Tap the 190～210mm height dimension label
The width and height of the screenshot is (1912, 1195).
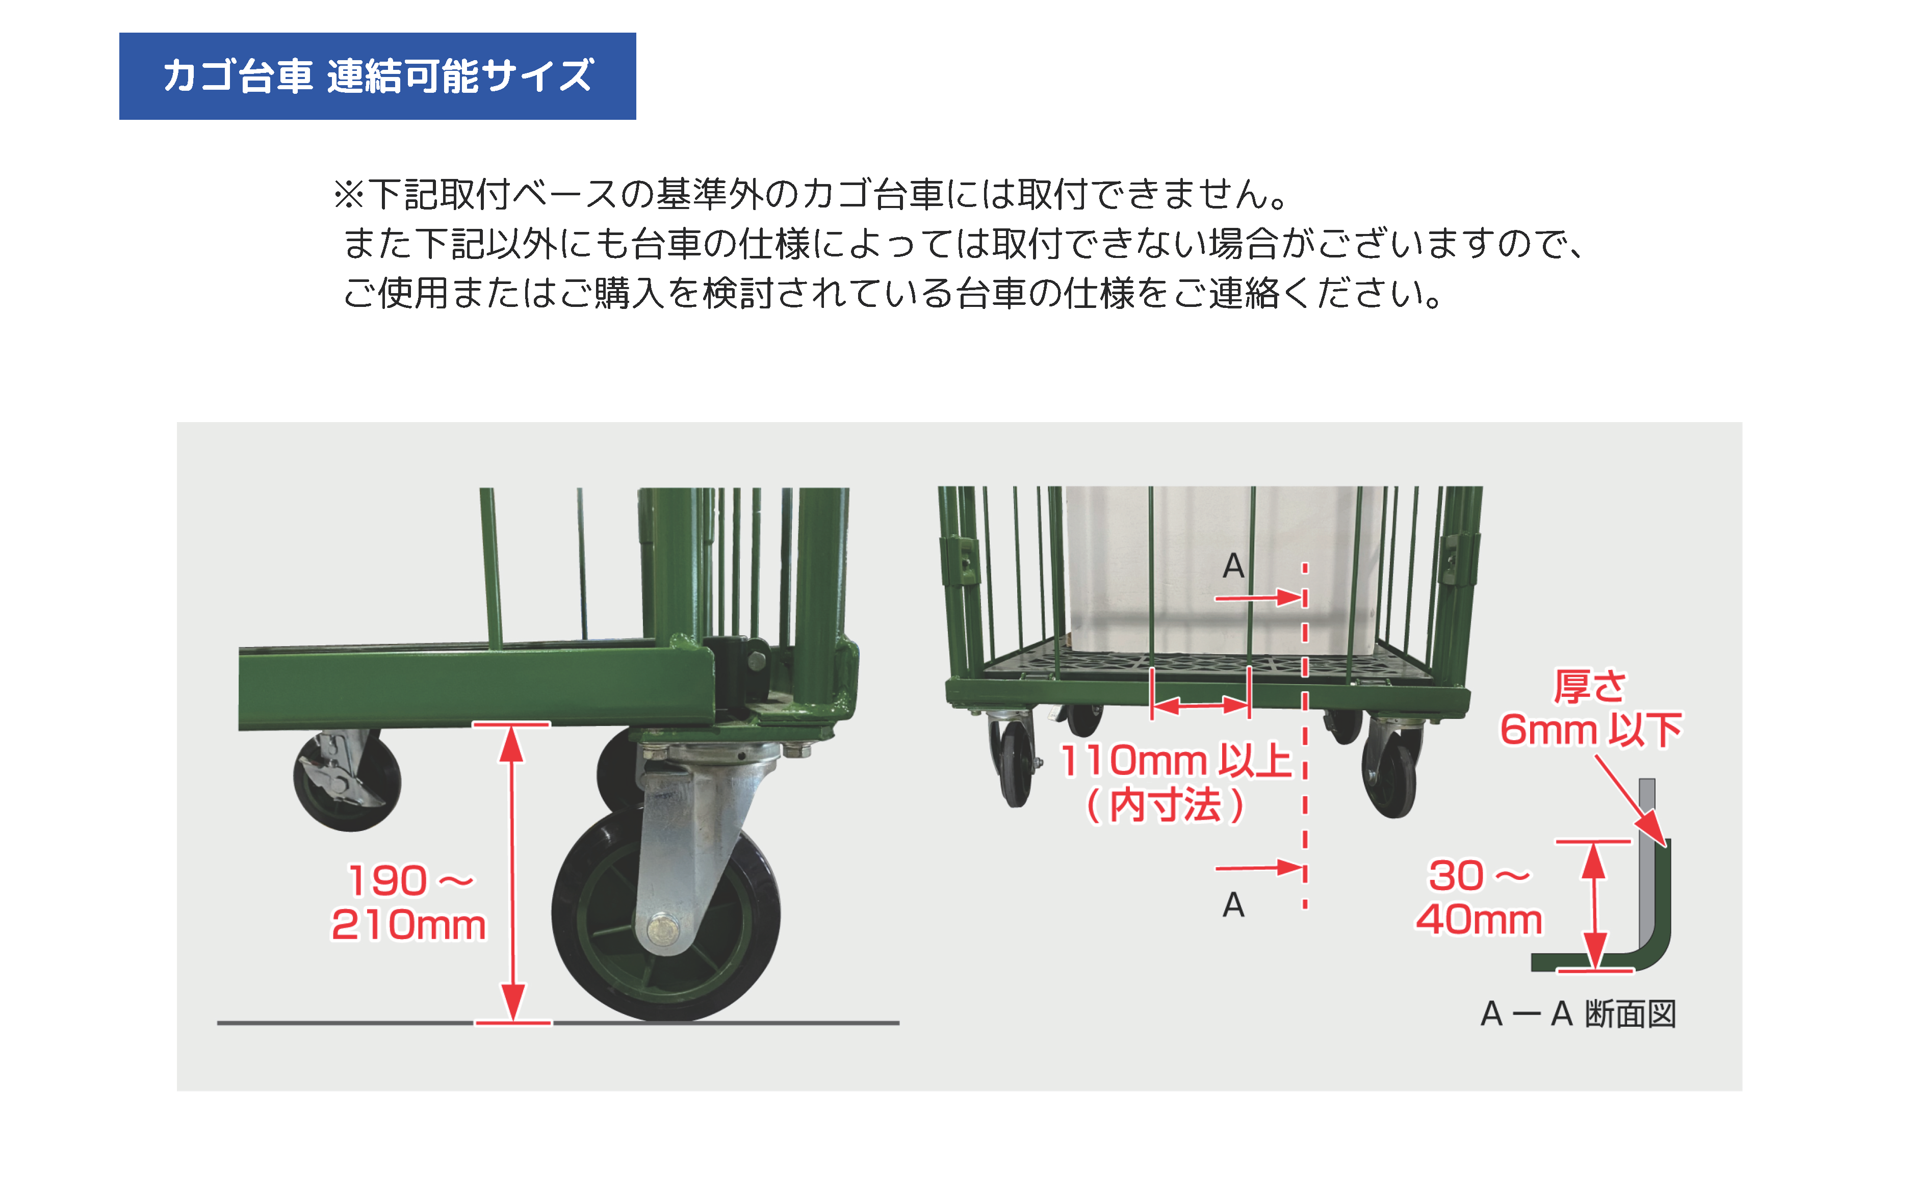tap(408, 902)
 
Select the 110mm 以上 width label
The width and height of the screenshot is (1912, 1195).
tap(1175, 760)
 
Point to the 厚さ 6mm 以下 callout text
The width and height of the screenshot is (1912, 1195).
tap(1590, 708)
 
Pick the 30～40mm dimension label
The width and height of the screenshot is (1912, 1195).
tap(1478, 898)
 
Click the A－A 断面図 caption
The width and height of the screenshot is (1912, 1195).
tap(1578, 1014)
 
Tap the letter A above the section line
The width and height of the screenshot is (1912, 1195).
tap(1233, 566)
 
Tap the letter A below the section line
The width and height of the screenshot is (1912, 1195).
tap(1233, 905)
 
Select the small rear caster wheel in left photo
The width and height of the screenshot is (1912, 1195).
tap(347, 778)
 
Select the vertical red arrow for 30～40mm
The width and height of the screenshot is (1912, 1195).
tap(1594, 905)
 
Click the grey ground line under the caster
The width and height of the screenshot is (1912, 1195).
tap(558, 1023)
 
